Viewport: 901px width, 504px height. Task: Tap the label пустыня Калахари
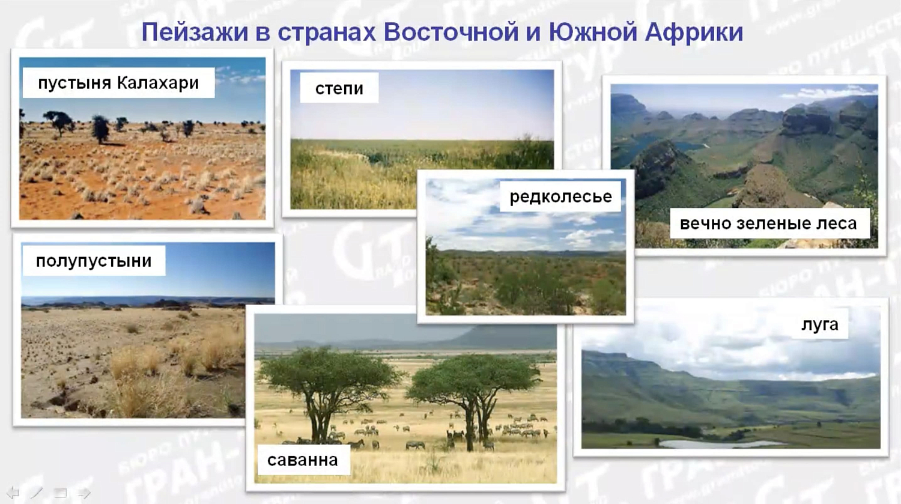coord(118,82)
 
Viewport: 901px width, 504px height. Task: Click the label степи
coord(339,88)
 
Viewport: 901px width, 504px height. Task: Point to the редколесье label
coord(560,196)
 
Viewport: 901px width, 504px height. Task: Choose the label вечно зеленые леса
coord(768,223)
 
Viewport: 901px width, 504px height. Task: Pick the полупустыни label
coord(94,261)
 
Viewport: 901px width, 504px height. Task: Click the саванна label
coord(302,460)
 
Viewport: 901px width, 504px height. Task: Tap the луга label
coord(819,324)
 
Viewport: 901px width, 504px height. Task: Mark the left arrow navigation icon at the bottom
coord(13,493)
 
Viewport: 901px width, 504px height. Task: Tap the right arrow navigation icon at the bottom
coord(84,493)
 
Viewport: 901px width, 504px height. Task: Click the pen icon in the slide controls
coord(37,493)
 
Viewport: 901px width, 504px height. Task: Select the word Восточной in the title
coord(451,32)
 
